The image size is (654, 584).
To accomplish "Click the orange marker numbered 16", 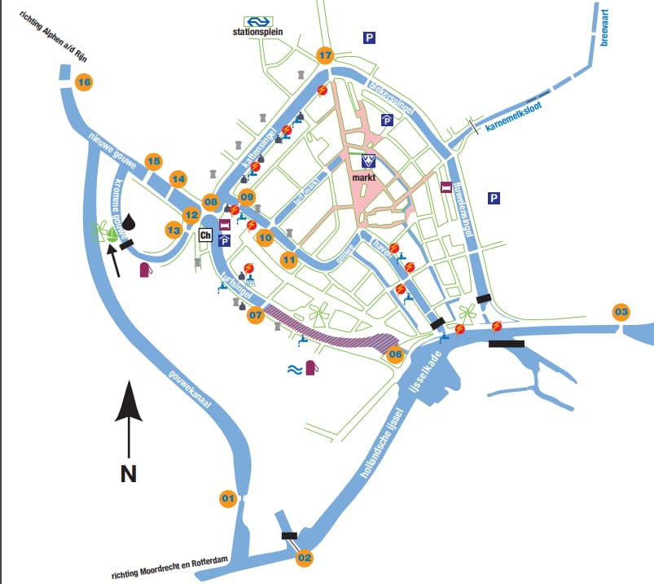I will click(x=84, y=81).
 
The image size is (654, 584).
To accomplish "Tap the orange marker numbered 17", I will click(x=326, y=55).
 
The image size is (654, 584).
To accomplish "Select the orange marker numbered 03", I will click(x=621, y=312).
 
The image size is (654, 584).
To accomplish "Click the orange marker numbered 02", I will click(x=305, y=558).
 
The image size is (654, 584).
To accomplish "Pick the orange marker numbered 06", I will click(x=396, y=354).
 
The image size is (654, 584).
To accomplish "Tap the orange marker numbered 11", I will click(x=289, y=260).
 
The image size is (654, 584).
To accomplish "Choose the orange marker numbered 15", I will click(x=153, y=160).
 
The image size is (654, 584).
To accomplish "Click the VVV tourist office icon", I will click(x=368, y=160).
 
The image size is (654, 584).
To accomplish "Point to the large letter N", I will click(x=128, y=473).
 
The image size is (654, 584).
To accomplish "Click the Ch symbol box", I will click(x=205, y=235).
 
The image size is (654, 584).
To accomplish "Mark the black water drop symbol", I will click(x=132, y=221).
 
